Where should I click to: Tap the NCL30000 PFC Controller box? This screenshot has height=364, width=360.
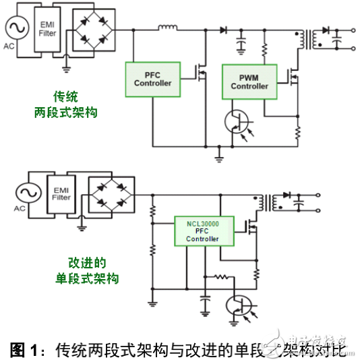click(x=203, y=229)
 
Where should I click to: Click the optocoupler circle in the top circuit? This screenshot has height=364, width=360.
click(x=239, y=125)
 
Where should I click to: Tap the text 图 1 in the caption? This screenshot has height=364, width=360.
click(x=24, y=350)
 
